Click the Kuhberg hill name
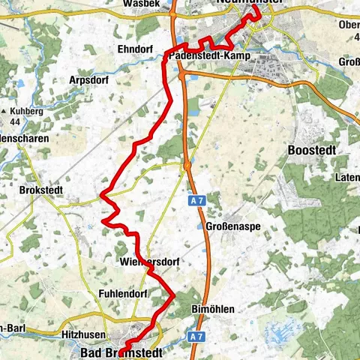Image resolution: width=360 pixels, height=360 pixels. click(28, 110)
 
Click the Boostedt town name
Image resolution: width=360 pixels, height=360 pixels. click(311, 150)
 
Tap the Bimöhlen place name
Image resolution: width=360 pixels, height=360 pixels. click(214, 308)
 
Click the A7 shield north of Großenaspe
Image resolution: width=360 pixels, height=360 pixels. click(196, 201)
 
